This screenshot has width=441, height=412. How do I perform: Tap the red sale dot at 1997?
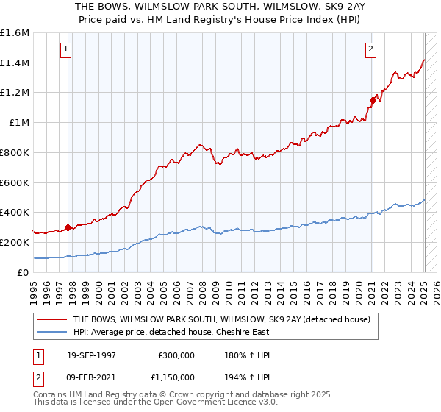coord(68,227)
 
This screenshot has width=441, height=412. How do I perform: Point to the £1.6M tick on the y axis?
coord(15,33)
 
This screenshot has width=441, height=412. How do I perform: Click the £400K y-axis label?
coord(15,213)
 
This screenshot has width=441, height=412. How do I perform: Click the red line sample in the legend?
coord(51,319)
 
